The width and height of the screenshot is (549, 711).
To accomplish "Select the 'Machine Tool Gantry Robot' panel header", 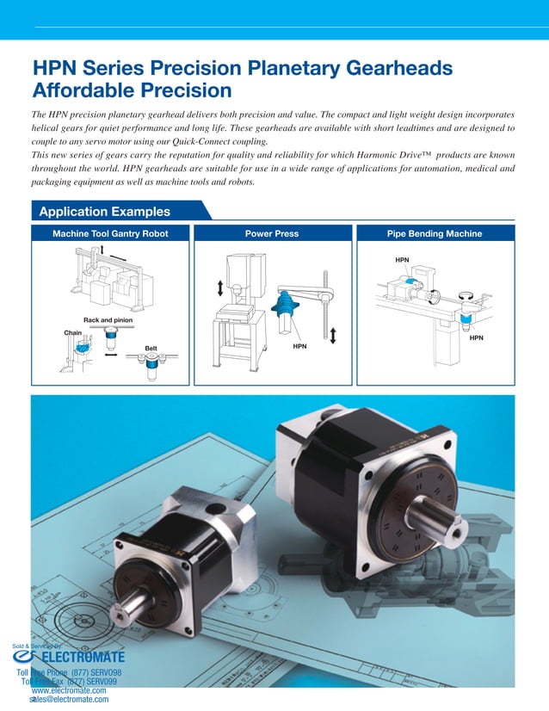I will tap(110, 233).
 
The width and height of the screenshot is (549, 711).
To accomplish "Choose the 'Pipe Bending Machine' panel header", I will tap(434, 233).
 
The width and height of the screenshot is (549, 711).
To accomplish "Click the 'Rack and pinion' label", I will tap(108, 320).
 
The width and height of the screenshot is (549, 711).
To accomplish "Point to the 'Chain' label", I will tap(72, 332).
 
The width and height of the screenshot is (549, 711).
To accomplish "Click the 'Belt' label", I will tap(151, 349).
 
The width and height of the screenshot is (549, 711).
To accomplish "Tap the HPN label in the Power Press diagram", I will tap(300, 346).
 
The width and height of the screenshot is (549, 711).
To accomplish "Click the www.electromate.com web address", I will tap(69, 690).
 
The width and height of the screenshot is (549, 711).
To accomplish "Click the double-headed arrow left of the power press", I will tap(219, 287).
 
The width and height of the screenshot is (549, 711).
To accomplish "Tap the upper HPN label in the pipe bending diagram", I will tap(402, 259).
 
